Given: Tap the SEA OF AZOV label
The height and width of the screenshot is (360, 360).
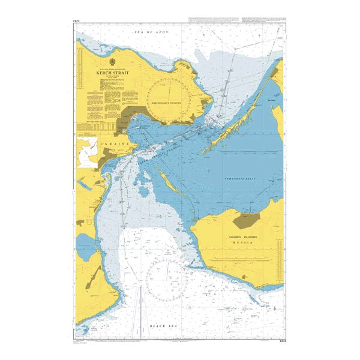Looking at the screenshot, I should (152, 29).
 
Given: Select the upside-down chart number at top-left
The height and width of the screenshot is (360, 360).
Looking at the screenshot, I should (77, 22).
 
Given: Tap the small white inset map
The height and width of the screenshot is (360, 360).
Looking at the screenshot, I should (88, 151).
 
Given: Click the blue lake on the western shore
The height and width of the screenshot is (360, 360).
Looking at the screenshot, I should (85, 244).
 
